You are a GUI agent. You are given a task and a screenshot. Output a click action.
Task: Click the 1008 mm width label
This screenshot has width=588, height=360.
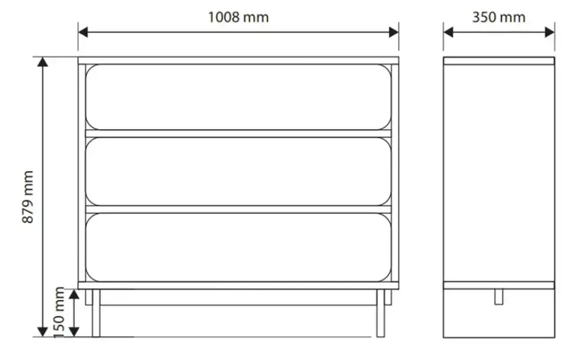(238, 17)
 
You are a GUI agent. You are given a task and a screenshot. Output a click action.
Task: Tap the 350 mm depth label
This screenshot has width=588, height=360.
(499, 17)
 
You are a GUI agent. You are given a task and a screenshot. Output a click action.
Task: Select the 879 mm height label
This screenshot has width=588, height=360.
(28, 197)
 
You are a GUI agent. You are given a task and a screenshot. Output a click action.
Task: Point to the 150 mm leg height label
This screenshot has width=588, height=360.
(59, 313)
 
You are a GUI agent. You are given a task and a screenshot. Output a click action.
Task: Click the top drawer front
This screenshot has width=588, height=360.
(239, 97)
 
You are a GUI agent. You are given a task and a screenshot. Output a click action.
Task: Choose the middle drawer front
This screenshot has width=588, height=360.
(239, 172)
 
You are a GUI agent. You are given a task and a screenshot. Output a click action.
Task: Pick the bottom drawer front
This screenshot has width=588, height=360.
(239, 247)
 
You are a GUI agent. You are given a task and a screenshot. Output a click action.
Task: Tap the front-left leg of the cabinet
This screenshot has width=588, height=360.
(96, 313)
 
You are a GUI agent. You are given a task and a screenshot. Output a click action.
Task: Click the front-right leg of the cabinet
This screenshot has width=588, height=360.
(380, 313)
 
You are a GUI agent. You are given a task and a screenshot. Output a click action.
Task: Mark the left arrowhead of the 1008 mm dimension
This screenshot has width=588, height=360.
(83, 32)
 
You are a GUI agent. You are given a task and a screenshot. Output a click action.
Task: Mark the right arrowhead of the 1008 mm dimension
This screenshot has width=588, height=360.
(394, 32)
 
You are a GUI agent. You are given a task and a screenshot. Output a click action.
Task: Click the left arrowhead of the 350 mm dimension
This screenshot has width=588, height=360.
(448, 32)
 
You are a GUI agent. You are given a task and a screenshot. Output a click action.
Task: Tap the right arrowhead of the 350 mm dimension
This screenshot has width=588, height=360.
(550, 32)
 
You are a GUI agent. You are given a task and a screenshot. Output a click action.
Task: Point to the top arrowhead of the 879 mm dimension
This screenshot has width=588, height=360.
(43, 62)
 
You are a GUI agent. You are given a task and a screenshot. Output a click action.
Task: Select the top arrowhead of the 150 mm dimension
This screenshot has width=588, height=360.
(74, 294)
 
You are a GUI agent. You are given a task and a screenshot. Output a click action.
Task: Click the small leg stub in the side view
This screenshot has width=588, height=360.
(499, 296)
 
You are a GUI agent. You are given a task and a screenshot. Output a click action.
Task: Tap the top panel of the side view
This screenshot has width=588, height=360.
(499, 61)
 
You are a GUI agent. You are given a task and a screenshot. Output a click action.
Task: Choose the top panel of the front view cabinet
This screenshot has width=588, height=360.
(239, 61)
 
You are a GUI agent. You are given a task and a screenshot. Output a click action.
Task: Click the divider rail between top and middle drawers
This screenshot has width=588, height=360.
(239, 134)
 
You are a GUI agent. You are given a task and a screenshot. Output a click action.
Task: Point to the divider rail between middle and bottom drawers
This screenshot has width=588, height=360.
(239, 209)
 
